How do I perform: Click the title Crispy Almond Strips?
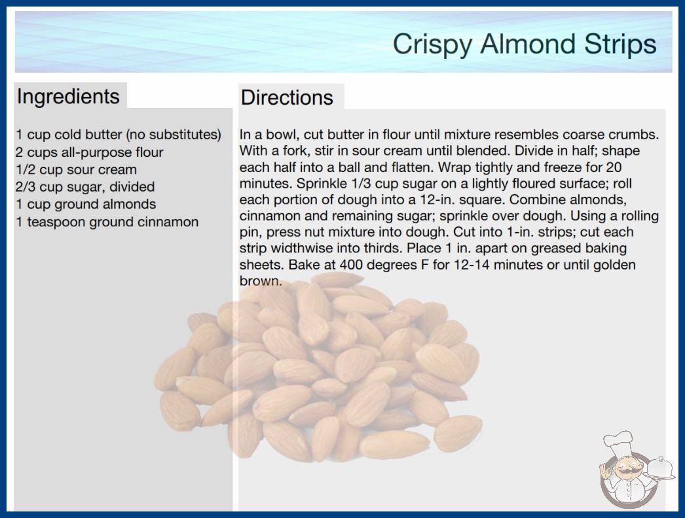click(525, 44)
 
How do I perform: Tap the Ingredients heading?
click(68, 96)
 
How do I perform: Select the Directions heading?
click(287, 97)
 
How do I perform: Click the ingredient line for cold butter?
click(119, 135)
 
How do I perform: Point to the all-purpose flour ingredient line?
click(89, 152)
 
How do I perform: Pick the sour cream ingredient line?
click(76, 170)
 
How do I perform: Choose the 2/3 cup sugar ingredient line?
click(85, 187)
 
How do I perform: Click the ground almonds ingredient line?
click(86, 204)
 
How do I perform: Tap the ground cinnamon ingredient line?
click(107, 222)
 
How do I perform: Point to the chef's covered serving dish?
click(659, 469)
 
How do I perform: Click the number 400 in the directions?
click(352, 264)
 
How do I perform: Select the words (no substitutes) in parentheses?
click(173, 135)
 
